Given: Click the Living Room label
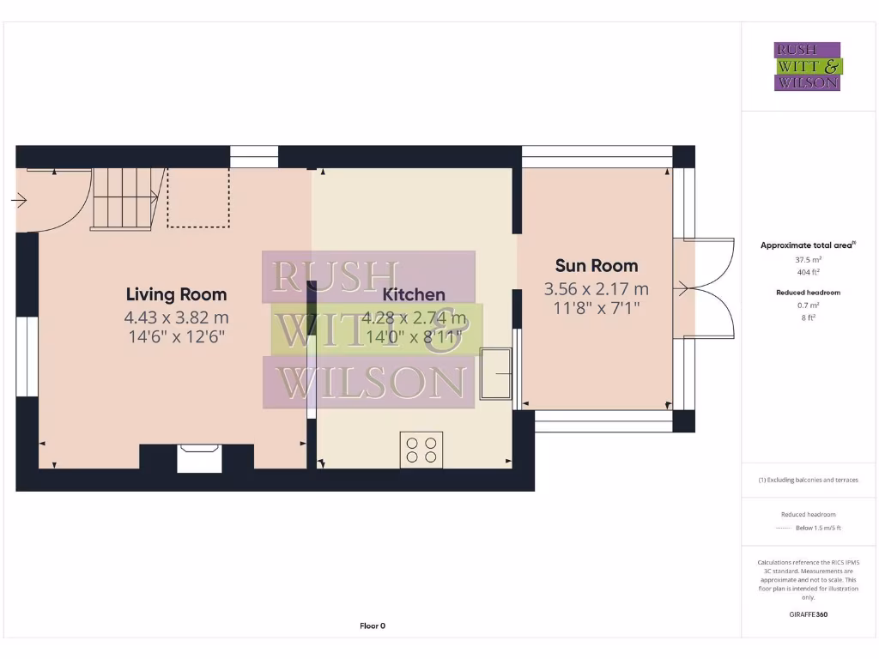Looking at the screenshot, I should [x=177, y=294].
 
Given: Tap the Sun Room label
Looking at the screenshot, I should [x=596, y=265].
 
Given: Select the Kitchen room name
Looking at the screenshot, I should [x=414, y=294].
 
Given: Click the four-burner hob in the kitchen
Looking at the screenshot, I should [x=421, y=450].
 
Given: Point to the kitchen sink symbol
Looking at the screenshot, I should [x=495, y=374].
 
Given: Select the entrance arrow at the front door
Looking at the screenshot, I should [x=18, y=201].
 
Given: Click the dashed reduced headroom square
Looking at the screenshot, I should [x=198, y=198].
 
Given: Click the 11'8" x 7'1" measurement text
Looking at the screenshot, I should [x=596, y=306].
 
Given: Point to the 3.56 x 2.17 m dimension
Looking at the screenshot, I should [x=596, y=288].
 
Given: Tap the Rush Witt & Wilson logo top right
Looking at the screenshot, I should [x=808, y=67].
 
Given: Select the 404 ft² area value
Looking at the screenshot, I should [x=807, y=272].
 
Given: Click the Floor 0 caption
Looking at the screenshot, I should [x=373, y=626].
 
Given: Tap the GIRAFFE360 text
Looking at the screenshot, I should [x=808, y=614].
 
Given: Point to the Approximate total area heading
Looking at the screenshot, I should [x=807, y=245].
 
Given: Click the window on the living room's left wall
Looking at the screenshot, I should [x=27, y=357].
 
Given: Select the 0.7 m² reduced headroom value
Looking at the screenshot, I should [x=807, y=305].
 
